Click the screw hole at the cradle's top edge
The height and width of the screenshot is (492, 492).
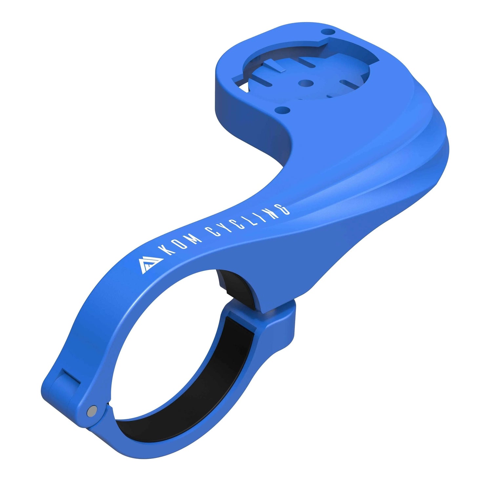coord(329,32)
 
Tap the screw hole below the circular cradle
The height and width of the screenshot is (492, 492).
coord(282,110)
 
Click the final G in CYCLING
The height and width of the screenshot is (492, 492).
coord(283,209)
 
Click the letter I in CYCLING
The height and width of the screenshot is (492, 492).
coord(259,217)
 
